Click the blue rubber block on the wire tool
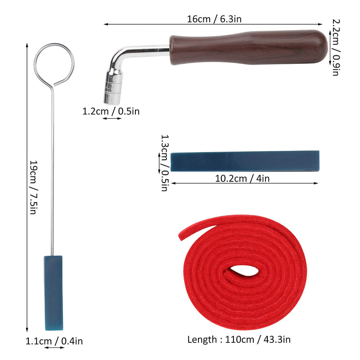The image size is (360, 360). click(54, 293)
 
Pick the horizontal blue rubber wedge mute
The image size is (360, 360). click(245, 161)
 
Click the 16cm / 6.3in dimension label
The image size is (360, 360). click(214, 19)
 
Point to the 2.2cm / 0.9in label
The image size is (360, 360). click(336, 47)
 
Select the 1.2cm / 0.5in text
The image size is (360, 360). click(111, 111)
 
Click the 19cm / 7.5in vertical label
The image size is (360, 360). click(34, 187)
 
